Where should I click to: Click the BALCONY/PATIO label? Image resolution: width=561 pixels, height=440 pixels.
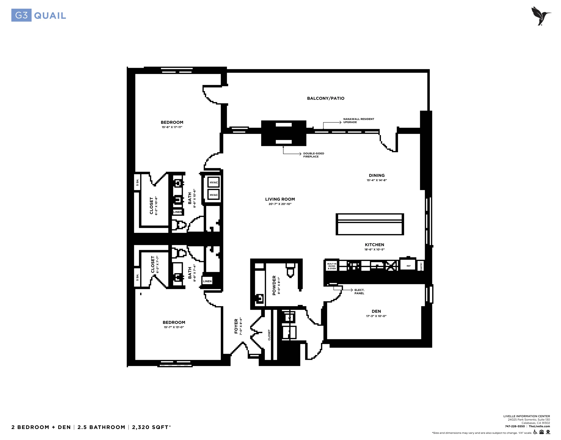(326, 98)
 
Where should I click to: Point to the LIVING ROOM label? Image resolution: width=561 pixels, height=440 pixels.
(280, 199)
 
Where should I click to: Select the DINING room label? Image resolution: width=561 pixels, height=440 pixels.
(376, 176)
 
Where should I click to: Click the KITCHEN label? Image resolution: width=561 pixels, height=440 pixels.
(375, 245)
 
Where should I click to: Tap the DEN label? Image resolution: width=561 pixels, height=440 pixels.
(376, 311)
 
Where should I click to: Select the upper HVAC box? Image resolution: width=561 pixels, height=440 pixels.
(213, 182)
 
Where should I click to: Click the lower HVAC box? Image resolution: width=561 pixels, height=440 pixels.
(213, 195)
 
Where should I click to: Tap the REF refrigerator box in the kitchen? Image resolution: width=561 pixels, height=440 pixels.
(408, 266)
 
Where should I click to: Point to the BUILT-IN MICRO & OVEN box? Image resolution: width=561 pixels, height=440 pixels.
(332, 266)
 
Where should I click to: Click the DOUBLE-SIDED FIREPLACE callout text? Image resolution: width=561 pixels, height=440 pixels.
(313, 155)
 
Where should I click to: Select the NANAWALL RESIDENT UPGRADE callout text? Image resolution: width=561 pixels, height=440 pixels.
(359, 121)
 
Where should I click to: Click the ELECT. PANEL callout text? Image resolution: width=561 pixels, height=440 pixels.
(359, 292)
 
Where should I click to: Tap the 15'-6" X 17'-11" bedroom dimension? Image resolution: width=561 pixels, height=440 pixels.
(172, 127)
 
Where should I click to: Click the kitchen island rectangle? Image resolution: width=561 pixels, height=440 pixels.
(370, 224)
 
